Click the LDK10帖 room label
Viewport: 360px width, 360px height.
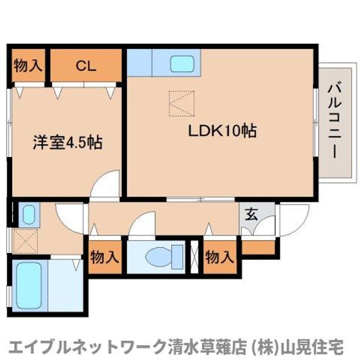tap(222, 131)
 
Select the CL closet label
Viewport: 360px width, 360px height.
tap(86, 65)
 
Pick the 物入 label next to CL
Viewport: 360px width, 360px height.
tap(28, 65)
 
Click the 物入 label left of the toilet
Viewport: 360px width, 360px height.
tap(105, 257)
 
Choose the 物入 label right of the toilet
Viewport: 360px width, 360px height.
tap(219, 257)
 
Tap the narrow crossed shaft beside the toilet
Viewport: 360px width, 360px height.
tap(195, 257)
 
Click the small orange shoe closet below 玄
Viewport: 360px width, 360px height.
tap(258, 247)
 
